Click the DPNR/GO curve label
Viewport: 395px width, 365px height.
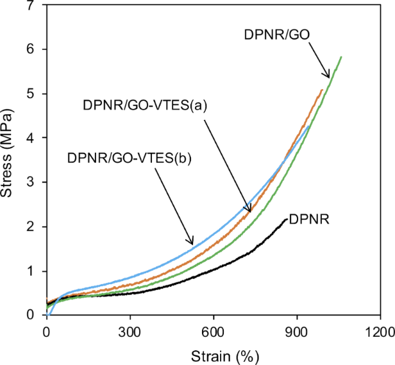(278, 35)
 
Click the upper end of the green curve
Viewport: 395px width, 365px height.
(341, 57)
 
